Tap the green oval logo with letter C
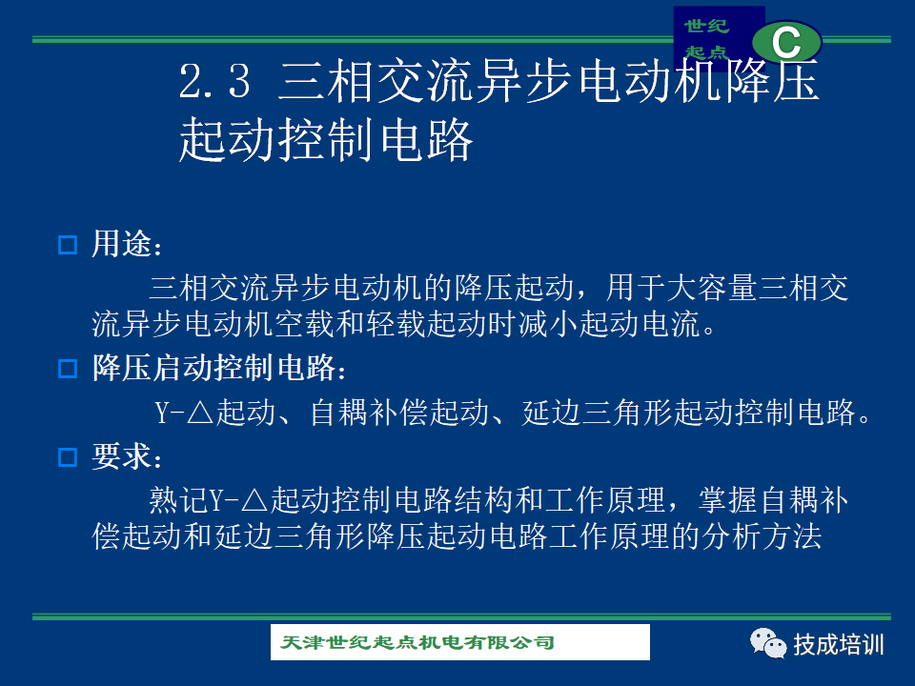point(786,41)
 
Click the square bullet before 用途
point(68,245)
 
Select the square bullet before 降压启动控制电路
point(68,369)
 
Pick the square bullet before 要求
point(68,456)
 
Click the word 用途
point(121,243)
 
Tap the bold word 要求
point(121,455)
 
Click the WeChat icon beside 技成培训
point(768,643)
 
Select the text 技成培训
point(839,645)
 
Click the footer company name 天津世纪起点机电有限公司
point(417,642)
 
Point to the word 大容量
point(712,288)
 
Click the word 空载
point(304,324)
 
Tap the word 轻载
point(395,324)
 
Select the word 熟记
point(178,500)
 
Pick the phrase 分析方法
point(762,536)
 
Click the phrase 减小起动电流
point(609,324)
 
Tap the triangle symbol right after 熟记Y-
point(254,501)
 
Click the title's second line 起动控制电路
point(326,139)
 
